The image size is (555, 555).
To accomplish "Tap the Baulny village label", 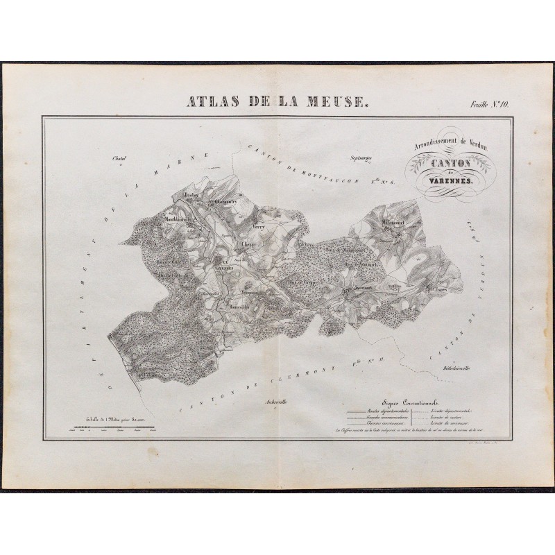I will coord(191,196).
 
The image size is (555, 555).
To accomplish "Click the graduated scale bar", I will coord(112,430).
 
